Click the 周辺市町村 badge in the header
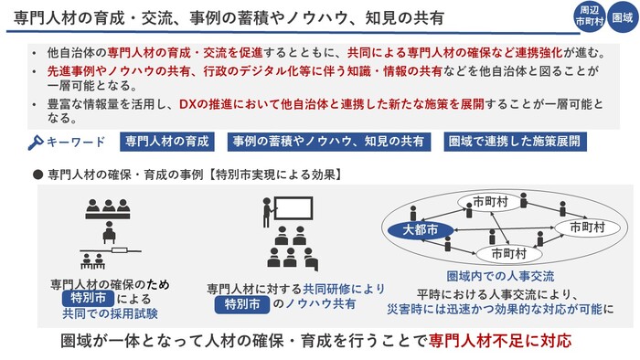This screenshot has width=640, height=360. [x=589, y=16]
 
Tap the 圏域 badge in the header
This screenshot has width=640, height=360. [x=623, y=16]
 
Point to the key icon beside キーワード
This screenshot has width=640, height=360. [x=37, y=142]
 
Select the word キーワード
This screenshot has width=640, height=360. [x=77, y=142]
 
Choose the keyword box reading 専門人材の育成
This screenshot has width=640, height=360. [x=166, y=142]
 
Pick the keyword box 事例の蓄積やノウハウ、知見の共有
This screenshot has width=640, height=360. [x=327, y=142]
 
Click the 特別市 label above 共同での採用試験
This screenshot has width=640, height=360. [x=85, y=298]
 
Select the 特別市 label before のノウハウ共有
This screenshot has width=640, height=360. [x=241, y=304]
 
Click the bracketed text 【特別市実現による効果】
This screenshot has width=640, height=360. [x=276, y=172]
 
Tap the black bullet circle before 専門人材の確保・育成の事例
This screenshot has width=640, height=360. [x=38, y=172]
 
